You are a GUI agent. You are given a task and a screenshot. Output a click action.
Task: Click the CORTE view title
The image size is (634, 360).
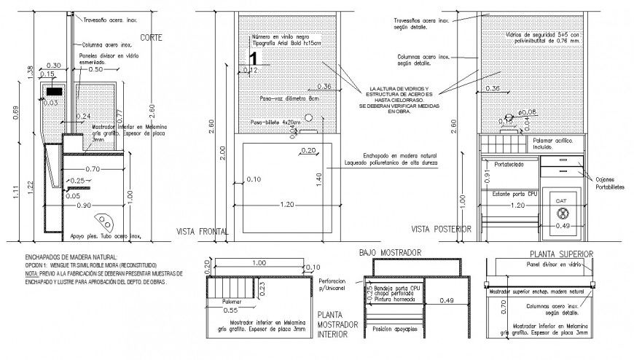click(x=152, y=36)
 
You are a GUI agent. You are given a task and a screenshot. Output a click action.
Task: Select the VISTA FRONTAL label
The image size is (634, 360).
click(x=202, y=231)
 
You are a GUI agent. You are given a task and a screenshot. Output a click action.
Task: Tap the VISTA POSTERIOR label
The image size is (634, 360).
click(x=440, y=230)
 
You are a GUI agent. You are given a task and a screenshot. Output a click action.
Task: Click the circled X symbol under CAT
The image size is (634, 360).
click(x=562, y=214)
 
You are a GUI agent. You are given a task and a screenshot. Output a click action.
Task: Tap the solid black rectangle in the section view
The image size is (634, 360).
click(x=55, y=92)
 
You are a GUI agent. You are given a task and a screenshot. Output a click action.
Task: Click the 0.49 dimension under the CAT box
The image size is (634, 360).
click(x=562, y=226)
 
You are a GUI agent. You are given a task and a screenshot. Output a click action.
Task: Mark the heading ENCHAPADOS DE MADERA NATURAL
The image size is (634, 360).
click(x=71, y=257)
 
